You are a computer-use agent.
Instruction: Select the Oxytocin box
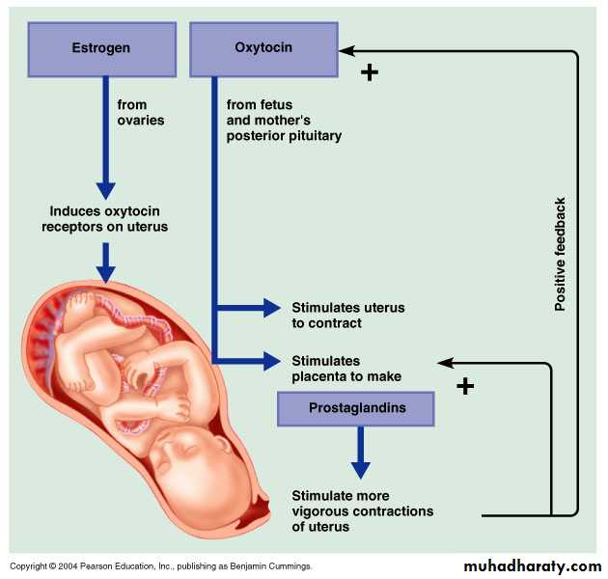pos(263,48)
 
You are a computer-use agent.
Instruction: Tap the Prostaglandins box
pos(356,408)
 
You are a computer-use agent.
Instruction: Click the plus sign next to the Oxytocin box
pos(369,72)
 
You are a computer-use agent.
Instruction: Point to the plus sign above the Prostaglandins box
pos(465,387)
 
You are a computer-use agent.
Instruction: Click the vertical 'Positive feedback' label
pos(560,255)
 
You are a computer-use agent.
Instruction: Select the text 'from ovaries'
pos(141,112)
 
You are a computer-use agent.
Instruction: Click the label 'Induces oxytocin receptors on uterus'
pos(108,219)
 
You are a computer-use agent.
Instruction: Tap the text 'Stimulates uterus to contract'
pos(347,315)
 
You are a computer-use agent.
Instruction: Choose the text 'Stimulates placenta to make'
pos(345,369)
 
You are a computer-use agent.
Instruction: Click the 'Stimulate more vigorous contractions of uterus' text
pos(362,511)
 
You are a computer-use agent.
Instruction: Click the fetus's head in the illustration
pos(194,458)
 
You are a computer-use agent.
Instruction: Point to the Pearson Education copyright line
pos(160,566)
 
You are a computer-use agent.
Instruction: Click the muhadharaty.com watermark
pos(532,565)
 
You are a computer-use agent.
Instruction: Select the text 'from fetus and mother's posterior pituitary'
pos(284,120)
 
